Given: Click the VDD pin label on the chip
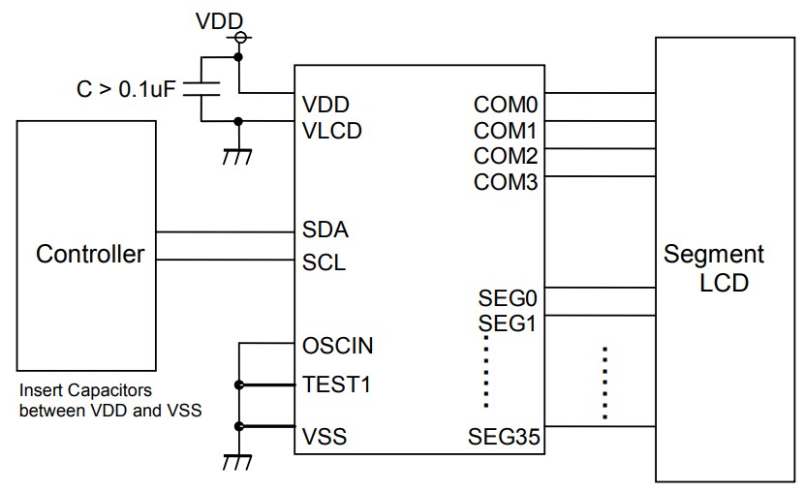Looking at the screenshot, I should (325, 104).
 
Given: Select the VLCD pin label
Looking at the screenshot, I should (331, 130).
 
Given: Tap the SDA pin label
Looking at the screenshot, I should (325, 231).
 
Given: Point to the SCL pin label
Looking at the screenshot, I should (325, 261).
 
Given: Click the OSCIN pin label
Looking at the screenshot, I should (337, 346).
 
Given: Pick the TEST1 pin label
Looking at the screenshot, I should (336, 384).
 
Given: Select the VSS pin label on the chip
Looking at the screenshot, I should (325, 437).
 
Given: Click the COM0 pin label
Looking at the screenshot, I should (506, 104).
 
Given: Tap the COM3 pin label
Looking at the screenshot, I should (506, 181).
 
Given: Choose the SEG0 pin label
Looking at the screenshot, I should (508, 297).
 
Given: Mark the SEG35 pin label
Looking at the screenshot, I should (502, 437).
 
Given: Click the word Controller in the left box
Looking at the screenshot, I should (90, 255).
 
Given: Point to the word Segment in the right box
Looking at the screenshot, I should (714, 255).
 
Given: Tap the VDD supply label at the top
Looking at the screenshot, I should (220, 19).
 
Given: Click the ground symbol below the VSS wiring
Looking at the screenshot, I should (237, 462).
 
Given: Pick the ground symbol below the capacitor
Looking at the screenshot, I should (237, 156).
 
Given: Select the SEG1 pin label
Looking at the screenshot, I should (508, 323).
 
